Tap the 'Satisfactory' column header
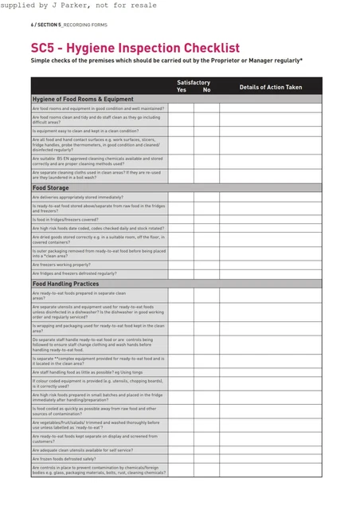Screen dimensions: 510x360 [194, 82]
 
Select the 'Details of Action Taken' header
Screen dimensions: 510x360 [271, 87]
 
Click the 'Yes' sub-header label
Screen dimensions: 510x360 [182, 90]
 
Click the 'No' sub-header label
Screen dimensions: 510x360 [206, 90]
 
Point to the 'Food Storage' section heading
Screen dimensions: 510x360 [50, 188]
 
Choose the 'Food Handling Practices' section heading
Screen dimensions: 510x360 [65, 284]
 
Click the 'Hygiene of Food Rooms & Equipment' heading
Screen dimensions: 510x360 [83, 99]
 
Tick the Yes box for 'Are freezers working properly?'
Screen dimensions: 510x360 [180, 265]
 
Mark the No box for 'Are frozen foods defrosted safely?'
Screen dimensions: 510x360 [206, 459]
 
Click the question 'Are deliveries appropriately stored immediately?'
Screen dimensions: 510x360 [77, 197]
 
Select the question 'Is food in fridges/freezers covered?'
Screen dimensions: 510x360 [65, 219]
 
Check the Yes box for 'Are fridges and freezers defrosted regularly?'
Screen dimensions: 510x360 [180, 273]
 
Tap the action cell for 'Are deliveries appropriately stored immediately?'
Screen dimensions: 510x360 [271, 197]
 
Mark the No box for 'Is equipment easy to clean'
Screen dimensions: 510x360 [206, 131]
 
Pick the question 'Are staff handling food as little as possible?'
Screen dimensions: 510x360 [88, 372]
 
